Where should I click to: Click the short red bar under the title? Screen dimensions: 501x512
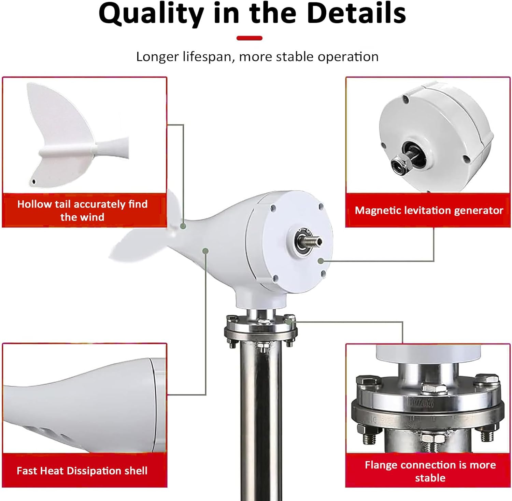pyautogui.click(x=250, y=38)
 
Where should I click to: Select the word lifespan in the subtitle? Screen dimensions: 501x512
pyautogui.click(x=207, y=57)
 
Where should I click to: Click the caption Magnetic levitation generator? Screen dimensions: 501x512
pyautogui.click(x=429, y=210)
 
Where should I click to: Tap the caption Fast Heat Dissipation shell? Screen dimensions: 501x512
pyautogui.click(x=82, y=471)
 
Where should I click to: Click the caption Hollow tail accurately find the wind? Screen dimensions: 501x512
pyautogui.click(x=82, y=211)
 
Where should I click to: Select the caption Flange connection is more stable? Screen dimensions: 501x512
pyautogui.click(x=430, y=471)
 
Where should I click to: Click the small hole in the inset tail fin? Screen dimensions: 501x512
pyautogui.click(x=33, y=181)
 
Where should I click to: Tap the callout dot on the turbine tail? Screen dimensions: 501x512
pyautogui.click(x=183, y=226)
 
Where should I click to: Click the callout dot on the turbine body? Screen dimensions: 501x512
pyautogui.click(x=205, y=251)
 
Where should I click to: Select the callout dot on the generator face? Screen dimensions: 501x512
pyautogui.click(x=320, y=261)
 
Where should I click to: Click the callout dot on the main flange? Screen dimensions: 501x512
pyautogui.click(x=289, y=322)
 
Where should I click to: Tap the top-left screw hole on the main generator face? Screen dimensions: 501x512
pyautogui.click(x=273, y=207)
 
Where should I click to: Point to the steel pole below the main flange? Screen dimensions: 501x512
pyautogui.click(x=261, y=410)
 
